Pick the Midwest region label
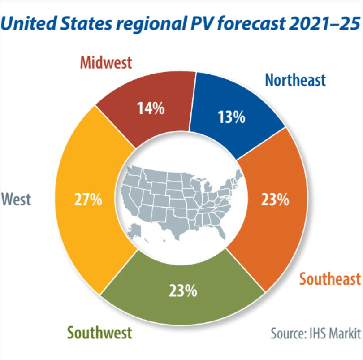(106, 62)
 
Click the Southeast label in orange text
(330, 279)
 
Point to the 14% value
(151, 108)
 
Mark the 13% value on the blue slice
(231, 117)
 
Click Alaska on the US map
(134, 231)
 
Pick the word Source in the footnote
(287, 333)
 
